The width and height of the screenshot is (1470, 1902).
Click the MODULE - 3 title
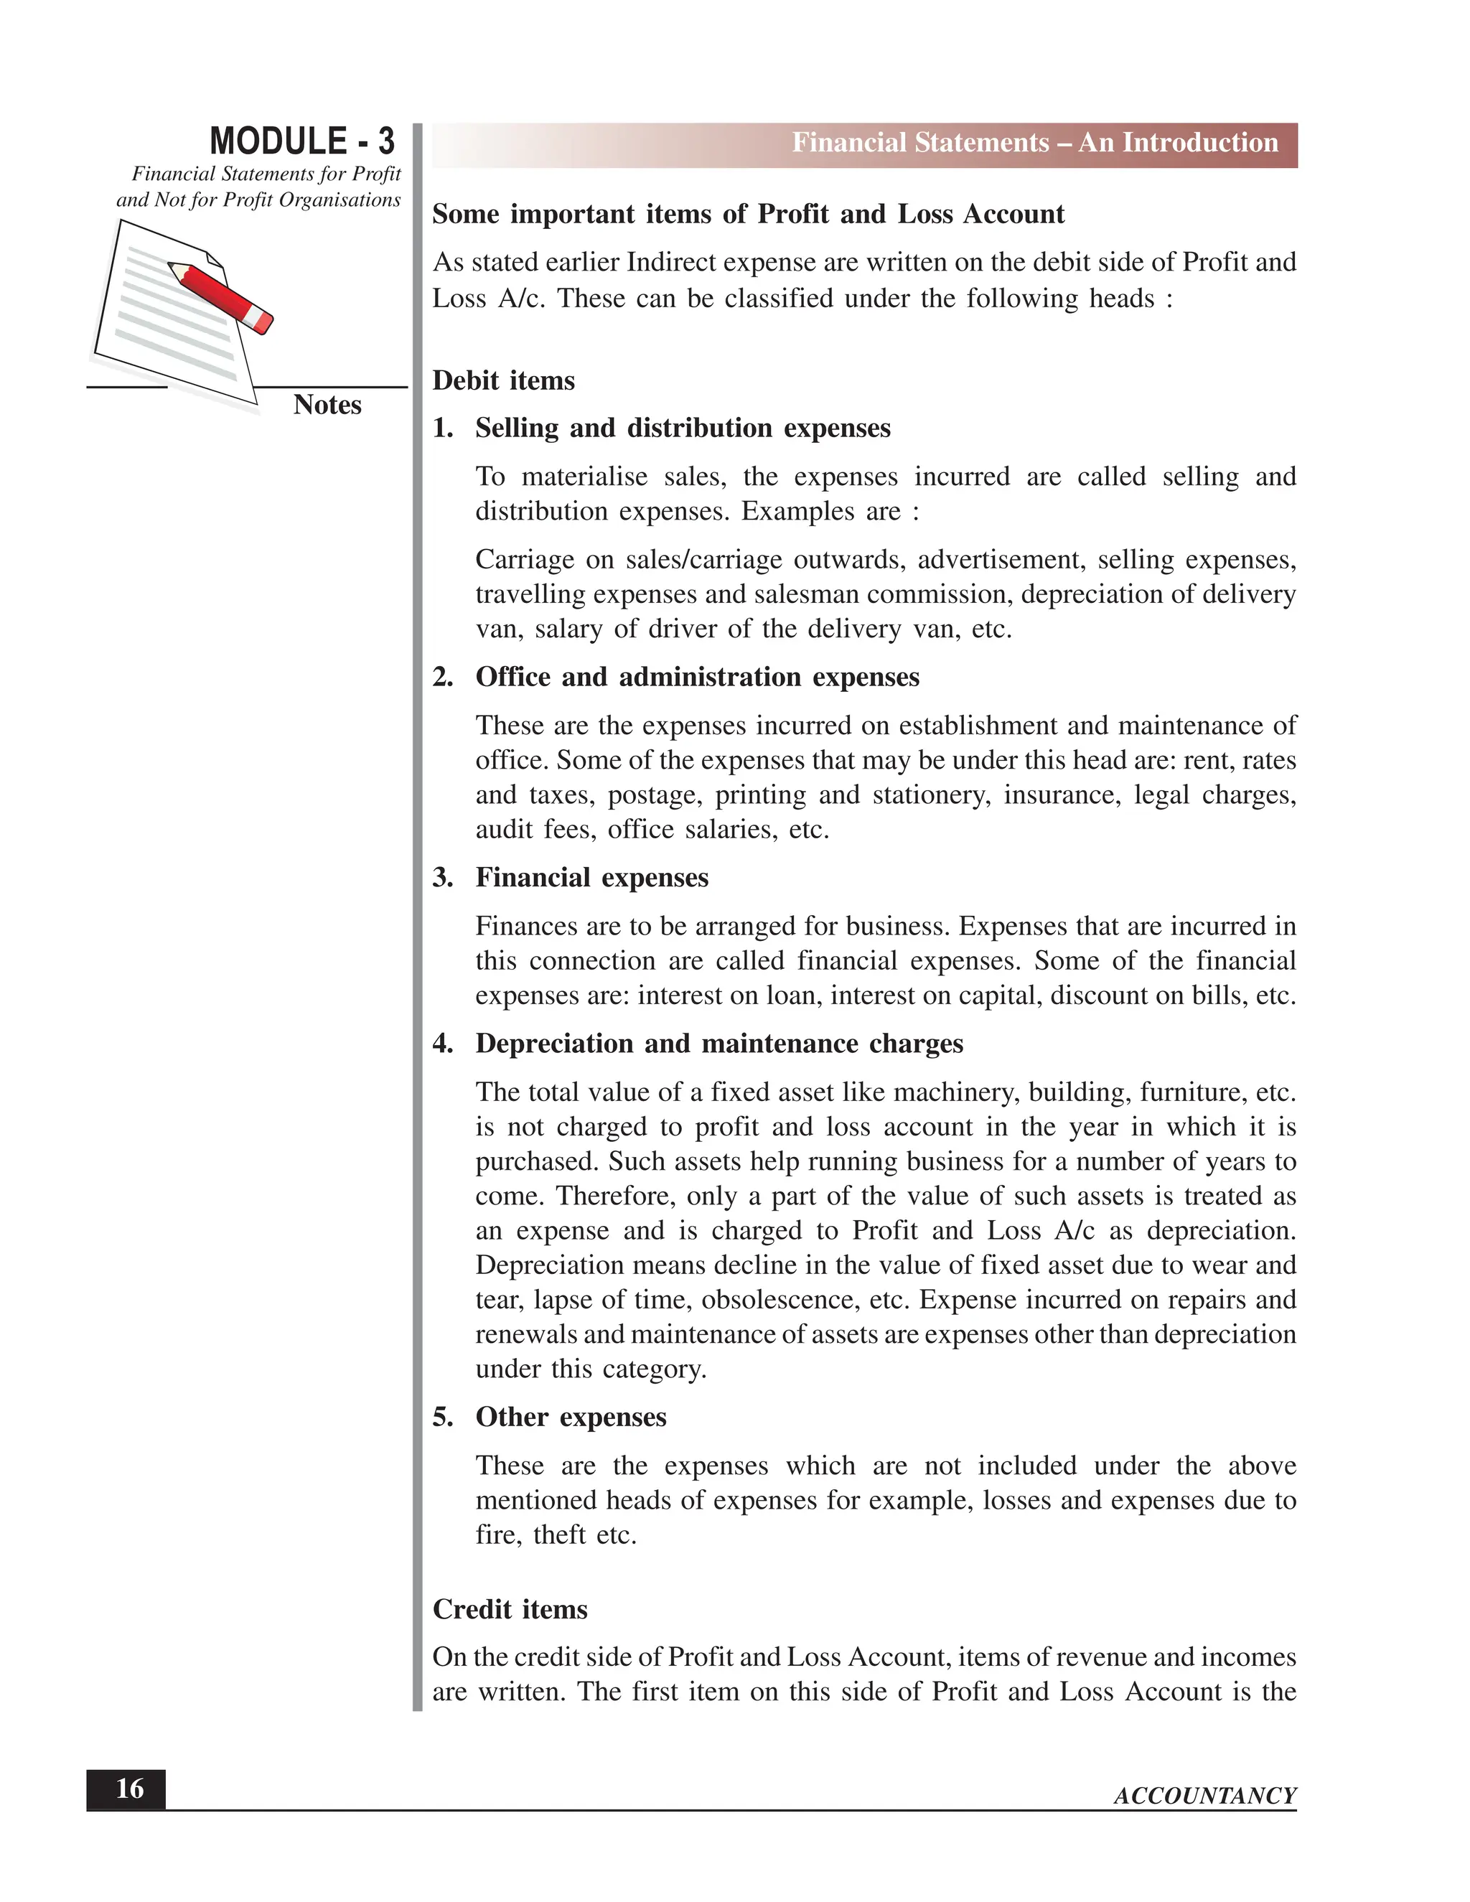[x=301, y=141]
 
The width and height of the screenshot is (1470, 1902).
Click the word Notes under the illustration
[x=327, y=405]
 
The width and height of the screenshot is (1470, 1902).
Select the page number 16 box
[x=126, y=1789]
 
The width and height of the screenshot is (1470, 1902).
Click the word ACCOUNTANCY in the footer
[x=1204, y=1796]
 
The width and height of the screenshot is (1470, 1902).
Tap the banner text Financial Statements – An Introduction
[x=1034, y=143]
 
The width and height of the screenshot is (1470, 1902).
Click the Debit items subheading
[x=503, y=380]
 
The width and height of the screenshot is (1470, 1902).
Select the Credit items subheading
[x=510, y=1608]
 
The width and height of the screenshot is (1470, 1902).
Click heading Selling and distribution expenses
[x=682, y=428]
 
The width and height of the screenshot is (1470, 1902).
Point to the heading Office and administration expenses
[x=697, y=677]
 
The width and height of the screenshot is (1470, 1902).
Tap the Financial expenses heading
[x=591, y=877]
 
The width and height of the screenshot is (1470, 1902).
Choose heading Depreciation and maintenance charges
[x=718, y=1044]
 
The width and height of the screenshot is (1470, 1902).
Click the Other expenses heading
[x=571, y=1417]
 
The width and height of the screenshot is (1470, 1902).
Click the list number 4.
[x=442, y=1044]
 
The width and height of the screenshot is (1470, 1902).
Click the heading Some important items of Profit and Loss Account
[x=747, y=214]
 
